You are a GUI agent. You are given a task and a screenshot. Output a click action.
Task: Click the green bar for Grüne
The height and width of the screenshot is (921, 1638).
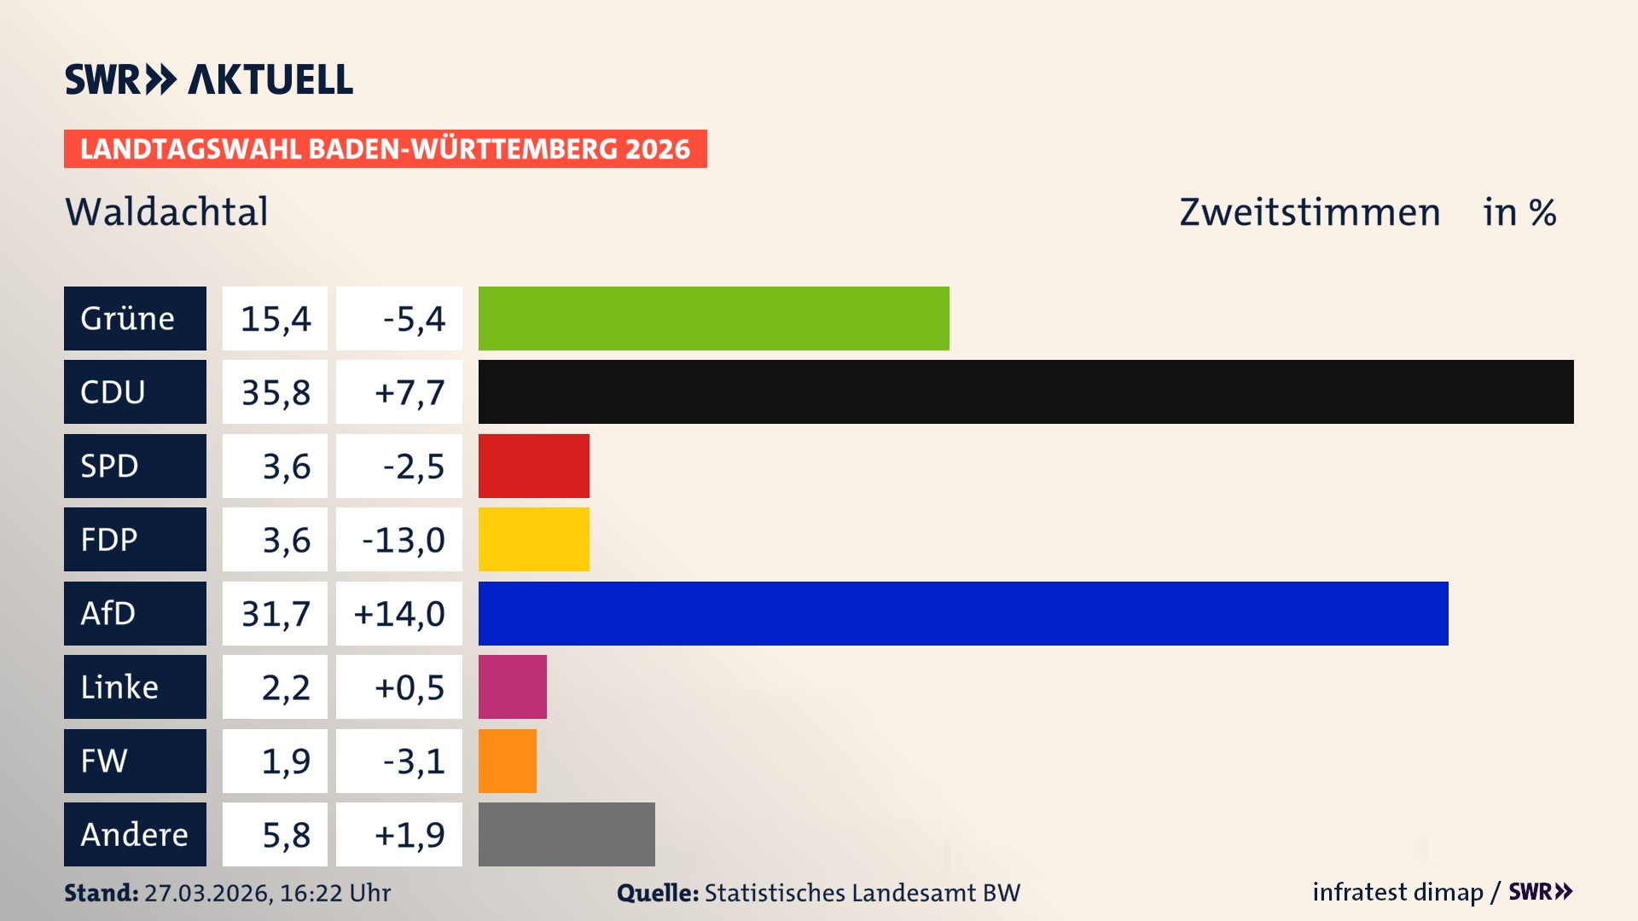pyautogui.click(x=713, y=318)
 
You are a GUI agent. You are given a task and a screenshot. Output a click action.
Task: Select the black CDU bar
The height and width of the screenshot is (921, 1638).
pyautogui.click(x=1025, y=392)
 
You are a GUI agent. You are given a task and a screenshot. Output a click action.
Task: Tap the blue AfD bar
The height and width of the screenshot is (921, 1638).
pyautogui.click(x=963, y=613)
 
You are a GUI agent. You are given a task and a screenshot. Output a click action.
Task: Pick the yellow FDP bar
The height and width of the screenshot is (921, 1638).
pyautogui.click(x=533, y=539)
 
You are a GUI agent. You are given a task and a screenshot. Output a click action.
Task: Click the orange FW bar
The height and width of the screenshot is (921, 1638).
pyautogui.click(x=507, y=761)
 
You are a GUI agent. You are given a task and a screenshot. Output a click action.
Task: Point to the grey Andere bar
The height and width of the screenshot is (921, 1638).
pyautogui.click(x=566, y=834)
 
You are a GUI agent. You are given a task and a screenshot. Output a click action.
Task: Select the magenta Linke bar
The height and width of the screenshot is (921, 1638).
pyautogui.click(x=512, y=686)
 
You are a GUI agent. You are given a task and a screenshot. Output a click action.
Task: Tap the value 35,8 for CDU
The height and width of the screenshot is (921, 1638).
pyautogui.click(x=275, y=392)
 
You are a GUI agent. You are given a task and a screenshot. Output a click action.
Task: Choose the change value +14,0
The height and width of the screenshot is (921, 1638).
pyautogui.click(x=399, y=613)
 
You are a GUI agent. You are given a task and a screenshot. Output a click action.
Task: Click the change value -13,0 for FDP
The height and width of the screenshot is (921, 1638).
pyautogui.click(x=403, y=540)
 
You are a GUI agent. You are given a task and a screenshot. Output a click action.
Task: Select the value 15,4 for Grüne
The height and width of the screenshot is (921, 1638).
pyautogui.click(x=275, y=319)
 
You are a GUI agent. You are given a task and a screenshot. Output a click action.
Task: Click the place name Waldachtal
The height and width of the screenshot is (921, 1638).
pyautogui.click(x=166, y=211)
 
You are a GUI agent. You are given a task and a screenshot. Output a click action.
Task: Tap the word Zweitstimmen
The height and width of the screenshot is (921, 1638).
pyautogui.click(x=1309, y=212)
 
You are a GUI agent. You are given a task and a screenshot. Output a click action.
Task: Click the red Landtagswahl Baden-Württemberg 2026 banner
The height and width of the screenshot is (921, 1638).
pyautogui.click(x=385, y=148)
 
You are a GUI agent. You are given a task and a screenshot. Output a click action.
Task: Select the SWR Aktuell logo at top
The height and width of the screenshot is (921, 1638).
pyautogui.click(x=209, y=79)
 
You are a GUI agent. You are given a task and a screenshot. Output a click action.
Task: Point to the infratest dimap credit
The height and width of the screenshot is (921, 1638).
pyautogui.click(x=1397, y=892)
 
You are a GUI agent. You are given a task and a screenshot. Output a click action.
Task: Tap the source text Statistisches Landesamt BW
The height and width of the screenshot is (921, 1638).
pyautogui.click(x=862, y=893)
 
